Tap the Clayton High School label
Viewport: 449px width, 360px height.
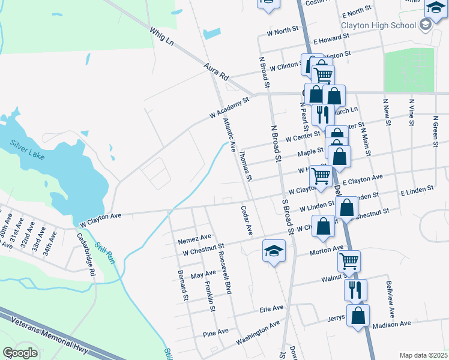pos(378,25)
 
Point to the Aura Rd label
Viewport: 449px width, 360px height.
pos(217,72)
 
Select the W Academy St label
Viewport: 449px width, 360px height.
pos(229,108)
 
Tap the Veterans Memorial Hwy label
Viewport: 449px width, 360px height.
pos(50,335)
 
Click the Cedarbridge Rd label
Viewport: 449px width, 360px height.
pos(86,254)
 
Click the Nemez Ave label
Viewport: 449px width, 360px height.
pos(195,238)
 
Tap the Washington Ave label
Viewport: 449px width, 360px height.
pos(258,332)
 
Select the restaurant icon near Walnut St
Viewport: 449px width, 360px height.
pos(355,290)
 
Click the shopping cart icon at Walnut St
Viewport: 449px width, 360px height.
pos(349,262)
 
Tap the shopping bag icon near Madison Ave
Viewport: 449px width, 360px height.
pos(358,316)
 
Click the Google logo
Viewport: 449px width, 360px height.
pos(20,353)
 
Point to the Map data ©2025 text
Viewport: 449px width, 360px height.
pos(423,355)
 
